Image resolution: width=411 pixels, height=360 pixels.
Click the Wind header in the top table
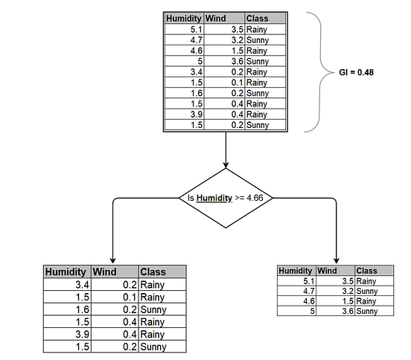(x=215, y=18)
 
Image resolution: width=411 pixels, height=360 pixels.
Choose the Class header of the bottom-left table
(x=153, y=272)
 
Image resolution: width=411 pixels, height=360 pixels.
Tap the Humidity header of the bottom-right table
(x=296, y=271)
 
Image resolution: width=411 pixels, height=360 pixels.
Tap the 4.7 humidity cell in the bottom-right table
(x=307, y=291)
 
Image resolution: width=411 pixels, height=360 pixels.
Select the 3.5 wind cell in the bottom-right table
(x=345, y=281)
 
